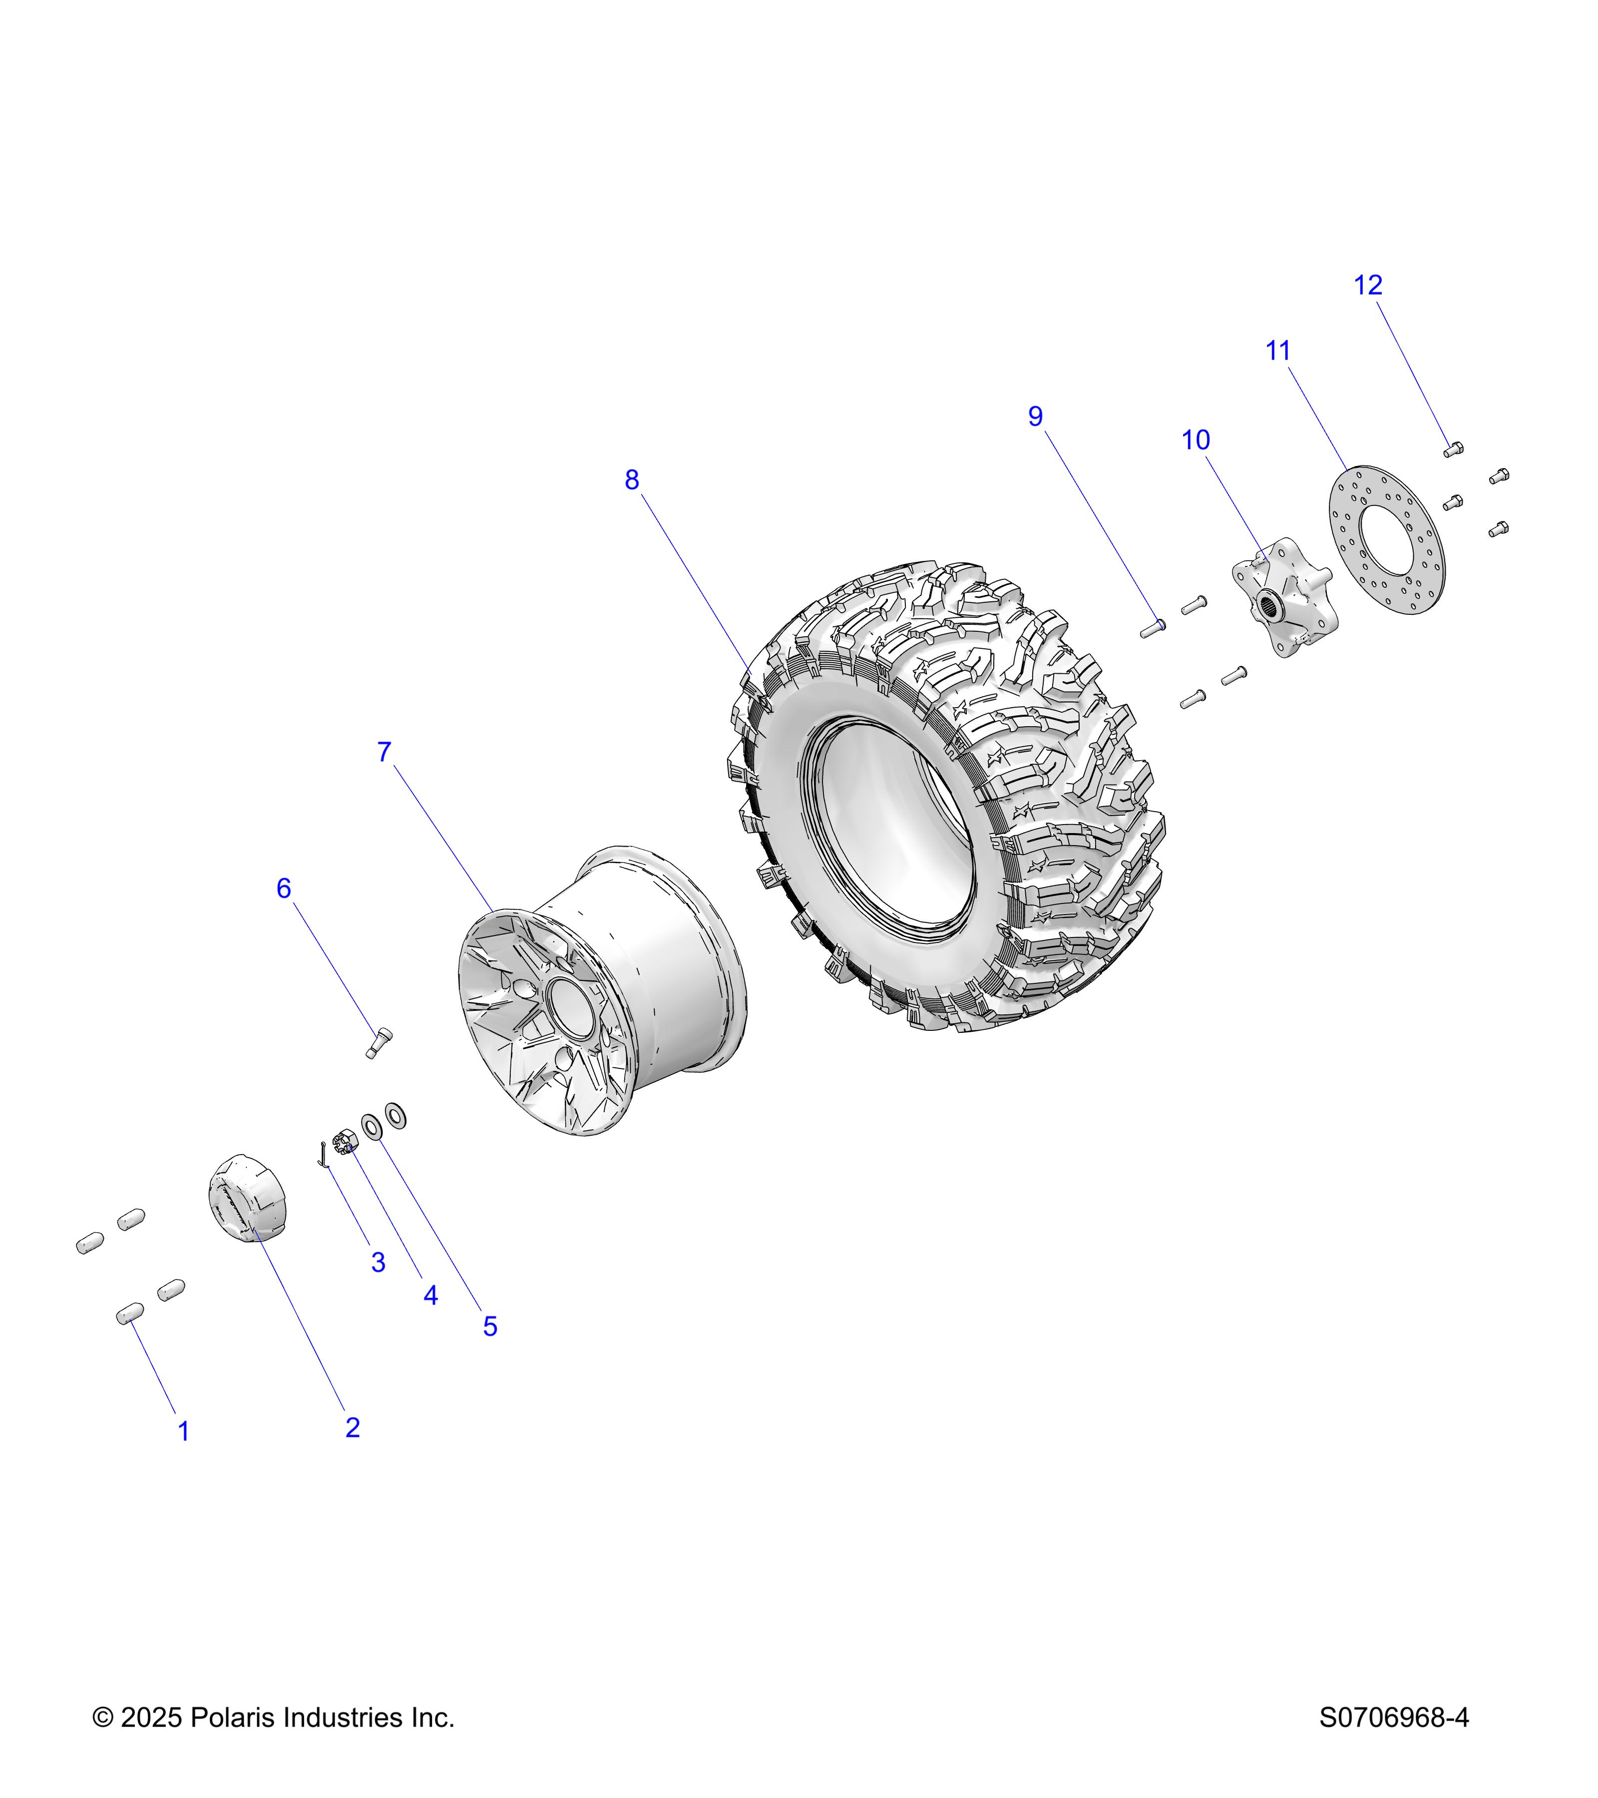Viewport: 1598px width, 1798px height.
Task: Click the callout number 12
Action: (x=1368, y=285)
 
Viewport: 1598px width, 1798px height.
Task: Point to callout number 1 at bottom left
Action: (x=184, y=1431)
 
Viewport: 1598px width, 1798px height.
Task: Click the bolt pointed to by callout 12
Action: (x=1453, y=449)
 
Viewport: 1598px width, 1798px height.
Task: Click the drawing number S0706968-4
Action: (x=1393, y=1717)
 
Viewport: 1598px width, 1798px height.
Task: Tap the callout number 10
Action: (x=1195, y=440)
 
